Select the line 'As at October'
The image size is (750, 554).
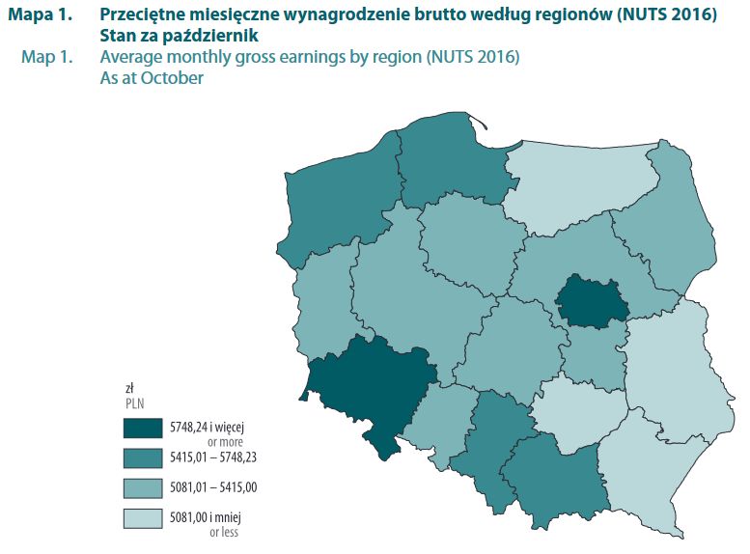(x=152, y=78)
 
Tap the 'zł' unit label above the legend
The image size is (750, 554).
(x=129, y=387)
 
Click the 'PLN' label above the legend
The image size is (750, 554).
(x=133, y=402)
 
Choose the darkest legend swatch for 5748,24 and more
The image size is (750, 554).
(x=143, y=426)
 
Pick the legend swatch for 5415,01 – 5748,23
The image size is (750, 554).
(x=143, y=457)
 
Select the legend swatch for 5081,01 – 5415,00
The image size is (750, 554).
(x=143, y=487)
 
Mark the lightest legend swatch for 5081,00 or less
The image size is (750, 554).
(x=143, y=518)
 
